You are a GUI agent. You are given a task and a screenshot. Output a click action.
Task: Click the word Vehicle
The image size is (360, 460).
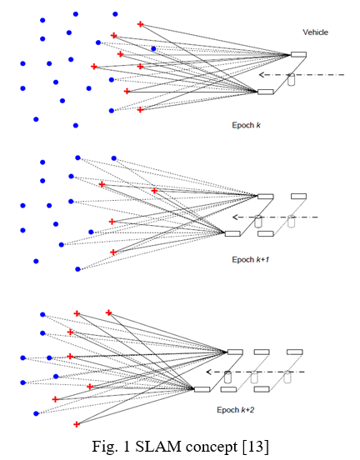click(x=315, y=32)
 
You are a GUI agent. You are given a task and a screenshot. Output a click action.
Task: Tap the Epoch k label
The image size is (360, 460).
click(x=246, y=125)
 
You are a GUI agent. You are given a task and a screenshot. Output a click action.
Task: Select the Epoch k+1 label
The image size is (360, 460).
click(x=251, y=260)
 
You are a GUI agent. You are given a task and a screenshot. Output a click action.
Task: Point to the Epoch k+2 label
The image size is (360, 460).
click(x=236, y=410)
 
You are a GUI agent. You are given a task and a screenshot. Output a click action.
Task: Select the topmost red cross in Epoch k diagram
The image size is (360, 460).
click(x=141, y=24)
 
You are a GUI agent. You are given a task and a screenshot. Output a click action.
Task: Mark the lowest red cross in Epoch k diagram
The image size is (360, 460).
click(x=140, y=110)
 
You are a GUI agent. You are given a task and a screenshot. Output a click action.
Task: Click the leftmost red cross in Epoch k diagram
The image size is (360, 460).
click(x=94, y=67)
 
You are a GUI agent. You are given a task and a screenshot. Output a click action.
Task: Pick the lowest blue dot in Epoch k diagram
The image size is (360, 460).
click(x=76, y=126)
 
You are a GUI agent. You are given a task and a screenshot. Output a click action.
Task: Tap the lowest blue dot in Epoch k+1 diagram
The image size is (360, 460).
click(x=77, y=269)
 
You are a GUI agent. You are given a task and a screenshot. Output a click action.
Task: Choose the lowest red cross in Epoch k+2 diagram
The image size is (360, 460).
click(x=77, y=424)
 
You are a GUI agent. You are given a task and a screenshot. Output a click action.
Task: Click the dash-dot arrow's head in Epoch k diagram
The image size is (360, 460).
click(x=261, y=75)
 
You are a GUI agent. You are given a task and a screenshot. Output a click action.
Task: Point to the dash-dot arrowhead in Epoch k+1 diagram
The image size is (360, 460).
click(x=235, y=217)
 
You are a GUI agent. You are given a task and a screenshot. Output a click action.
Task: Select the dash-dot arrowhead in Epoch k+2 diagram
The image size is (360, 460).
click(x=208, y=372)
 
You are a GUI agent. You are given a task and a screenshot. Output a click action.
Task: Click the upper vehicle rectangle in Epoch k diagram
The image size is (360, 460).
click(x=298, y=54)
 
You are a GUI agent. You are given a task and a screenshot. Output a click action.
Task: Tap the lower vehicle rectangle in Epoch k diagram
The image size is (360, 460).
click(x=266, y=92)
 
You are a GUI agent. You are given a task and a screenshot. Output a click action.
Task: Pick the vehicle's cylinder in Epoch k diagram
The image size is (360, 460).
click(x=291, y=79)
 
